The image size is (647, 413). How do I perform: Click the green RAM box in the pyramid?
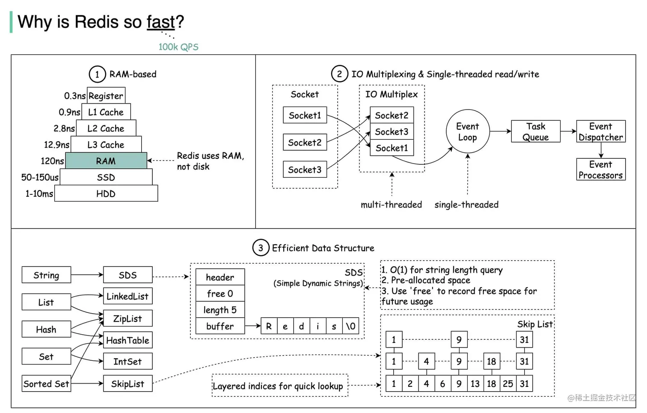coord(106,161)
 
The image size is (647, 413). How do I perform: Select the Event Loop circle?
coord(467,132)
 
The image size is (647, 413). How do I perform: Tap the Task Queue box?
coord(535,131)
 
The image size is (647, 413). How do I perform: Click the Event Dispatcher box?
coord(600,131)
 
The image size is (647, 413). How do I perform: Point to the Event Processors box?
coord(600,169)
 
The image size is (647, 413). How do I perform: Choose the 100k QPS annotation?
coord(178,47)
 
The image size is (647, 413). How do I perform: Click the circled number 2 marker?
coord(339,74)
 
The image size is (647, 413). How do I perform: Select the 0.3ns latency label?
coord(74,96)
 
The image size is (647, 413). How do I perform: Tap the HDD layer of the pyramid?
coord(106,193)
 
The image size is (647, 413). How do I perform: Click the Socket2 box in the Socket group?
coord(305,142)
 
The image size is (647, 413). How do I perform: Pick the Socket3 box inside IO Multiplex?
coord(392,132)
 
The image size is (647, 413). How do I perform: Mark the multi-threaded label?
coord(391,205)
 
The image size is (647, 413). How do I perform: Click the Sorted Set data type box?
coord(46,383)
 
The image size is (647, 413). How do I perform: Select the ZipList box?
coord(128,318)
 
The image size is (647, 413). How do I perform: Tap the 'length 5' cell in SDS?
coord(220,310)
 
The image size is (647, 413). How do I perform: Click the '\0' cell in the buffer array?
coord(350,326)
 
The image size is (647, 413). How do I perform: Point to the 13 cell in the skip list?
coord(475,383)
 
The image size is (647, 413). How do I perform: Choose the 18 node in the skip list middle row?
coord(491,361)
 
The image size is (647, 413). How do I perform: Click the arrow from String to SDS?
coord(87,275)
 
